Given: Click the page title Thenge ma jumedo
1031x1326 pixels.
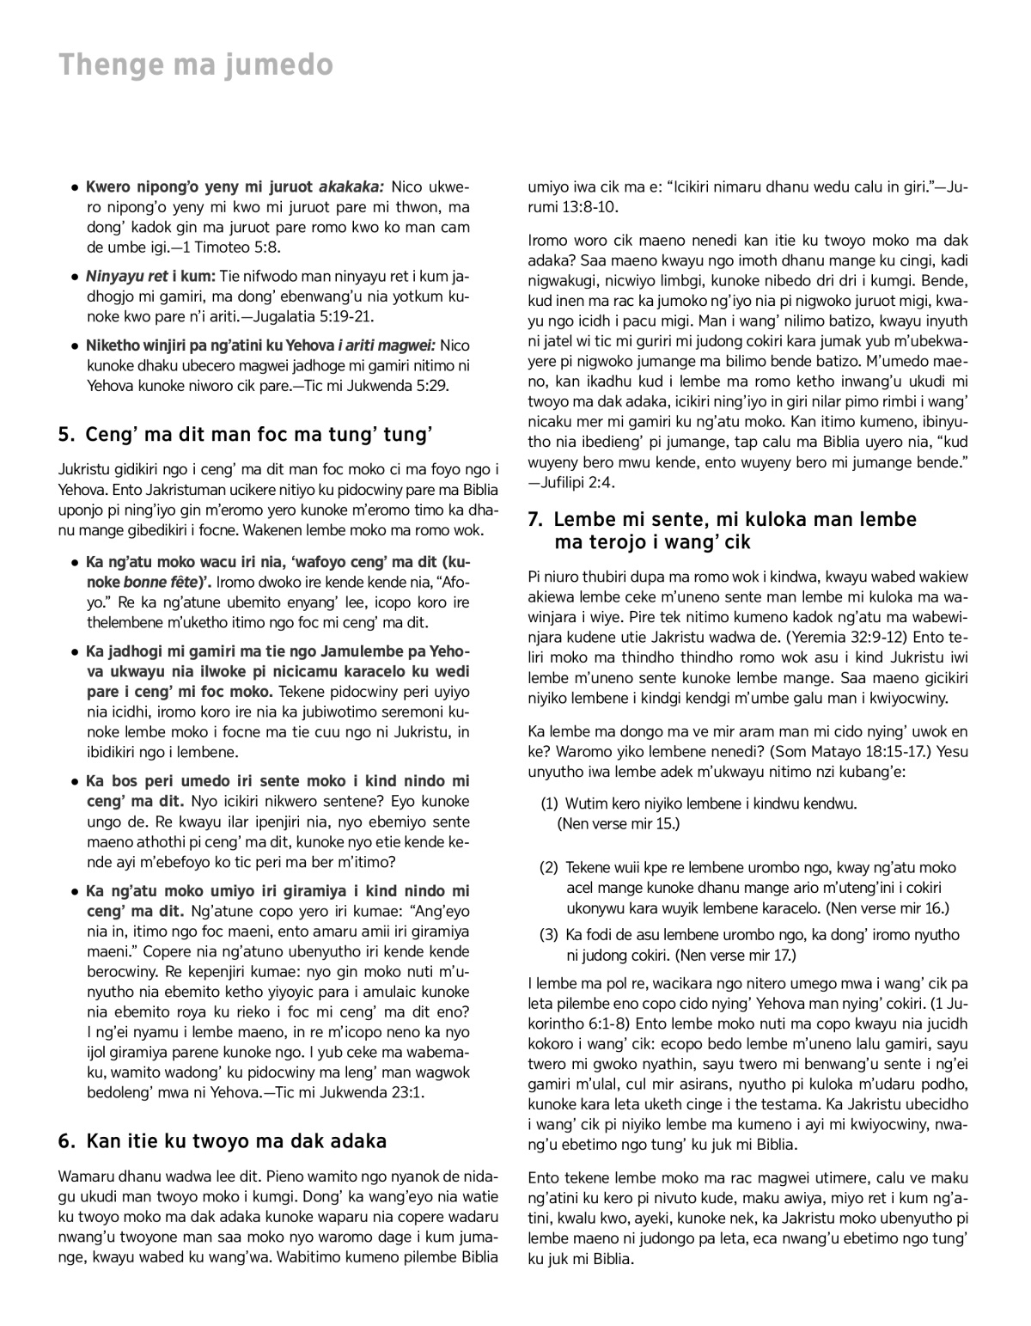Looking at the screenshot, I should [195, 64].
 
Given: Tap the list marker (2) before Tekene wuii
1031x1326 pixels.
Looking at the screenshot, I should [550, 867].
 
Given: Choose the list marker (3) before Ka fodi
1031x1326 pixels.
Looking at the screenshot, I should [550, 934].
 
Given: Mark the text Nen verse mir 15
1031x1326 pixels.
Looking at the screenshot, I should [619, 823].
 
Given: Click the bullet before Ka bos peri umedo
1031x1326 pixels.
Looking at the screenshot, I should [76, 781].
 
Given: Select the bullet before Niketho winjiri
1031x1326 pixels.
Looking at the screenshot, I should [76, 345].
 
